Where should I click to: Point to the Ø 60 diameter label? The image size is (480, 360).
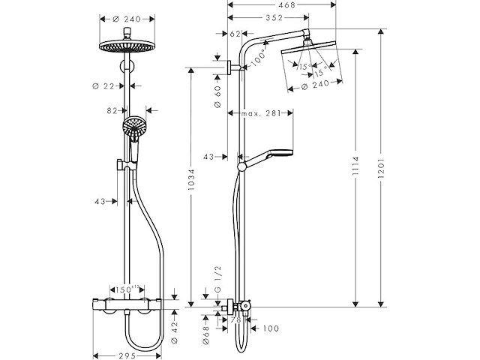217,97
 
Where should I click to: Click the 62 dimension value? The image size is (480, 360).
235,34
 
